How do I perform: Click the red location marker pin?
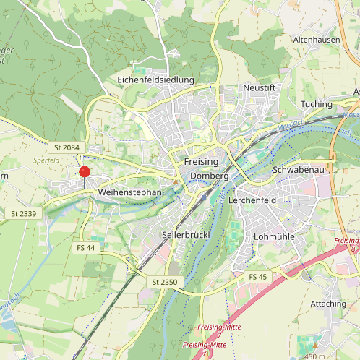(84, 172)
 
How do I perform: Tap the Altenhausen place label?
(316, 40)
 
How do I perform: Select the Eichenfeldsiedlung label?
(156, 79)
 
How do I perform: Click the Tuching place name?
(316, 104)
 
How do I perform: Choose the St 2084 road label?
(65, 147)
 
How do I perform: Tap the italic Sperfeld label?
(46, 160)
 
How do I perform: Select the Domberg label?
(210, 176)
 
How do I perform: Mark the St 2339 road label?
(23, 214)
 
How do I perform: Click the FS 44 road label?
(85, 248)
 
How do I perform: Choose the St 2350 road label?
(165, 281)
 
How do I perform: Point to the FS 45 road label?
(258, 277)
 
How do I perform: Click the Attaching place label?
(327, 304)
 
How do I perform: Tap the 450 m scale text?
(315, 356)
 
